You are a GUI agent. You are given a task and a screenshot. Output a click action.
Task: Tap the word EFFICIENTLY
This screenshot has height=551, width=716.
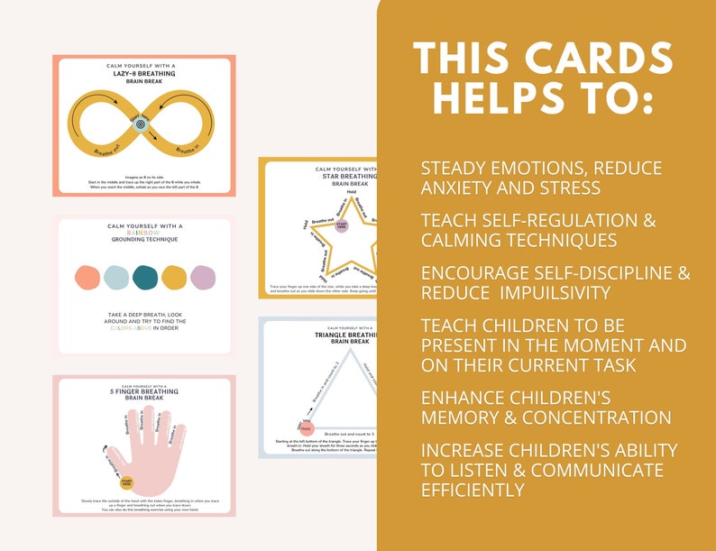point(473,490)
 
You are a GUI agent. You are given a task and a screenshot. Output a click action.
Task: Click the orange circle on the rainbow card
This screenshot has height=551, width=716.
point(87,278)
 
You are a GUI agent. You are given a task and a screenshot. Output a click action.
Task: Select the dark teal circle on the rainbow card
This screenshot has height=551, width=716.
point(144,278)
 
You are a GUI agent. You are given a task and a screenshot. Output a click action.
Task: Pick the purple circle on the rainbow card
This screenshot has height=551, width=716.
point(201,278)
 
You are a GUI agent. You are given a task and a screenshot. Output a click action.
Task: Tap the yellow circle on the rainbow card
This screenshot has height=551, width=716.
point(173,278)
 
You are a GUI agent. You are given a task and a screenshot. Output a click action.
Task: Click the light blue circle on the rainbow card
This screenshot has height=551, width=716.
point(115,278)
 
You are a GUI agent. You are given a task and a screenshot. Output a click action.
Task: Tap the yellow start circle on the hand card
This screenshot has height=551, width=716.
point(127,484)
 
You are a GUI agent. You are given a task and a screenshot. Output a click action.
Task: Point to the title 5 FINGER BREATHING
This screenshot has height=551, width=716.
point(143,391)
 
